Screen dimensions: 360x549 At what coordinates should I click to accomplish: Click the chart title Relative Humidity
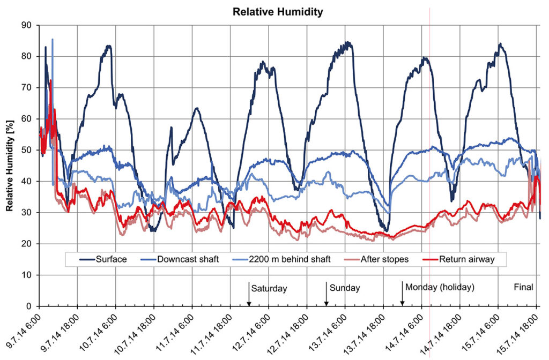[x=278, y=12]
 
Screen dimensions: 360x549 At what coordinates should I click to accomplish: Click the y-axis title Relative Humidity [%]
[x=10, y=166]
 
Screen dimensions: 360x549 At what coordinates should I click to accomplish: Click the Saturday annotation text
[x=269, y=288]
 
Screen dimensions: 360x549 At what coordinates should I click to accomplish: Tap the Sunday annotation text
[x=345, y=288]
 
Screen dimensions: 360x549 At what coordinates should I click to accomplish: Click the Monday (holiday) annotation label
[x=440, y=287]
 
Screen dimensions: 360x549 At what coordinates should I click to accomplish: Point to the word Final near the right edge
[x=523, y=287]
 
